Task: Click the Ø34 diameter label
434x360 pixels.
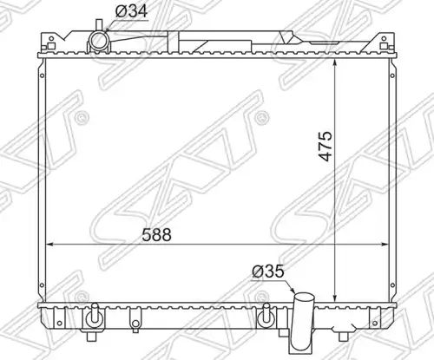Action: click(131, 11)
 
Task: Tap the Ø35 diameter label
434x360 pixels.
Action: click(268, 272)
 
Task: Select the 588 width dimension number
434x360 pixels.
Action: click(156, 235)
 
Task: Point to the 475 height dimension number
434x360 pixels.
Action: click(325, 146)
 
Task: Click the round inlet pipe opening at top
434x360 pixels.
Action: click(99, 41)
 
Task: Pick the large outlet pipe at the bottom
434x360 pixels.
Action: click(303, 321)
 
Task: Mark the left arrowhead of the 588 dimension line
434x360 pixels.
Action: click(49, 245)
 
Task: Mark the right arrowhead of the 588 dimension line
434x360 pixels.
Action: click(385, 245)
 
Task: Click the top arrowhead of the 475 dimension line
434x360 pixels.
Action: click(335, 62)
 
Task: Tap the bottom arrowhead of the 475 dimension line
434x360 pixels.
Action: click(335, 298)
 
